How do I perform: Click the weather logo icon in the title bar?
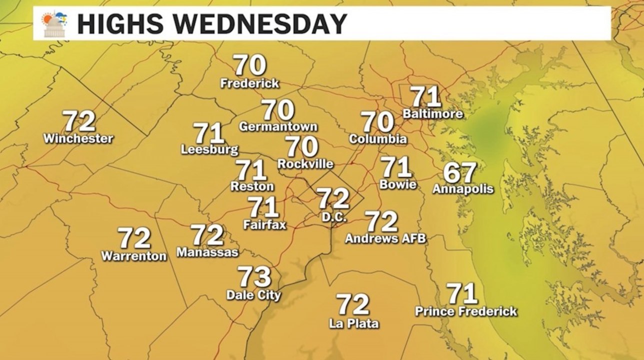(x=54, y=23)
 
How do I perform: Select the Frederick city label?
(x=249, y=83)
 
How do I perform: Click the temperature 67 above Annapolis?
(x=459, y=172)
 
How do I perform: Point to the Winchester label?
(x=78, y=138)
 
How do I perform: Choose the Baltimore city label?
(x=432, y=114)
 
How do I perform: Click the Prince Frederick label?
(x=466, y=311)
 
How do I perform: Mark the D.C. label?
(x=330, y=218)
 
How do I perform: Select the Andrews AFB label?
(x=385, y=239)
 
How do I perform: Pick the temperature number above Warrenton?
(x=134, y=238)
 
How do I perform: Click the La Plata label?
(x=353, y=323)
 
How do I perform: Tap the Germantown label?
(x=278, y=126)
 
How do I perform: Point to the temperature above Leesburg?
(x=208, y=133)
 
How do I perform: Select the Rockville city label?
(x=305, y=164)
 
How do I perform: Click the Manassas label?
(x=207, y=252)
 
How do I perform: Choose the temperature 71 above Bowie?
(x=396, y=167)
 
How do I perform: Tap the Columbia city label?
(x=377, y=139)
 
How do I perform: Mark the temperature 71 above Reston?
(x=251, y=170)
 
